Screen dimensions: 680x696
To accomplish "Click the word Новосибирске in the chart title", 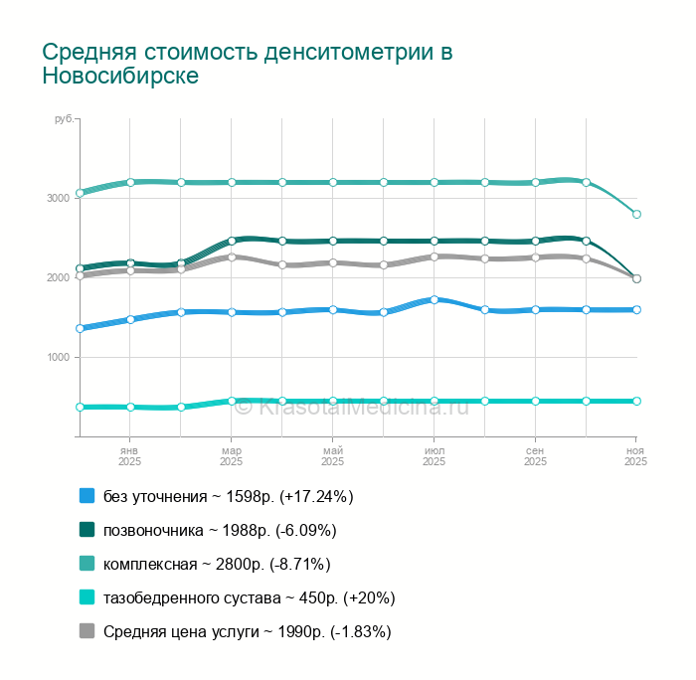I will click(120, 77).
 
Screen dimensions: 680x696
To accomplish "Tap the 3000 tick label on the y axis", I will click(58, 198).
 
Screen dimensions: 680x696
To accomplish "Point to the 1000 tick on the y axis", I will click(58, 357).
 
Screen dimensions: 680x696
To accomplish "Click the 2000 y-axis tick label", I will click(58, 277).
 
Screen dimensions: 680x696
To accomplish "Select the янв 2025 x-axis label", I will click(130, 456).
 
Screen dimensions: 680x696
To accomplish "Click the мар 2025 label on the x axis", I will click(231, 456).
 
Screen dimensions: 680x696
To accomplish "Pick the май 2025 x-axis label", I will click(332, 456).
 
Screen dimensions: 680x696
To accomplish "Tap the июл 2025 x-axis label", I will click(434, 456).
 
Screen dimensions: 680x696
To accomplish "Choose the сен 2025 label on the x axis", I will click(535, 456).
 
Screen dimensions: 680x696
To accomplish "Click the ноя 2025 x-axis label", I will click(635, 456).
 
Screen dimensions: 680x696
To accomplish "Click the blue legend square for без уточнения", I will click(87, 496).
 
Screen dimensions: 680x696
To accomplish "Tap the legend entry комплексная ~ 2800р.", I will click(217, 564).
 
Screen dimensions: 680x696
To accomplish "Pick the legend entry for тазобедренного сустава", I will click(250, 597).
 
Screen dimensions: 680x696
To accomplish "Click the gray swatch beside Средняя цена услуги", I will click(87, 631).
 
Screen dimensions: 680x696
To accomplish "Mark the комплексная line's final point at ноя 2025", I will click(636, 214).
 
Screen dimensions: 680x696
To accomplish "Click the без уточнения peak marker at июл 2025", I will click(435, 299).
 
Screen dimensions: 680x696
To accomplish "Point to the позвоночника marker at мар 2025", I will click(232, 241).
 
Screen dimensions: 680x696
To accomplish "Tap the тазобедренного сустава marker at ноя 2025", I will click(636, 401).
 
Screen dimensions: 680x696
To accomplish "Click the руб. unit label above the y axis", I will click(63, 119).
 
